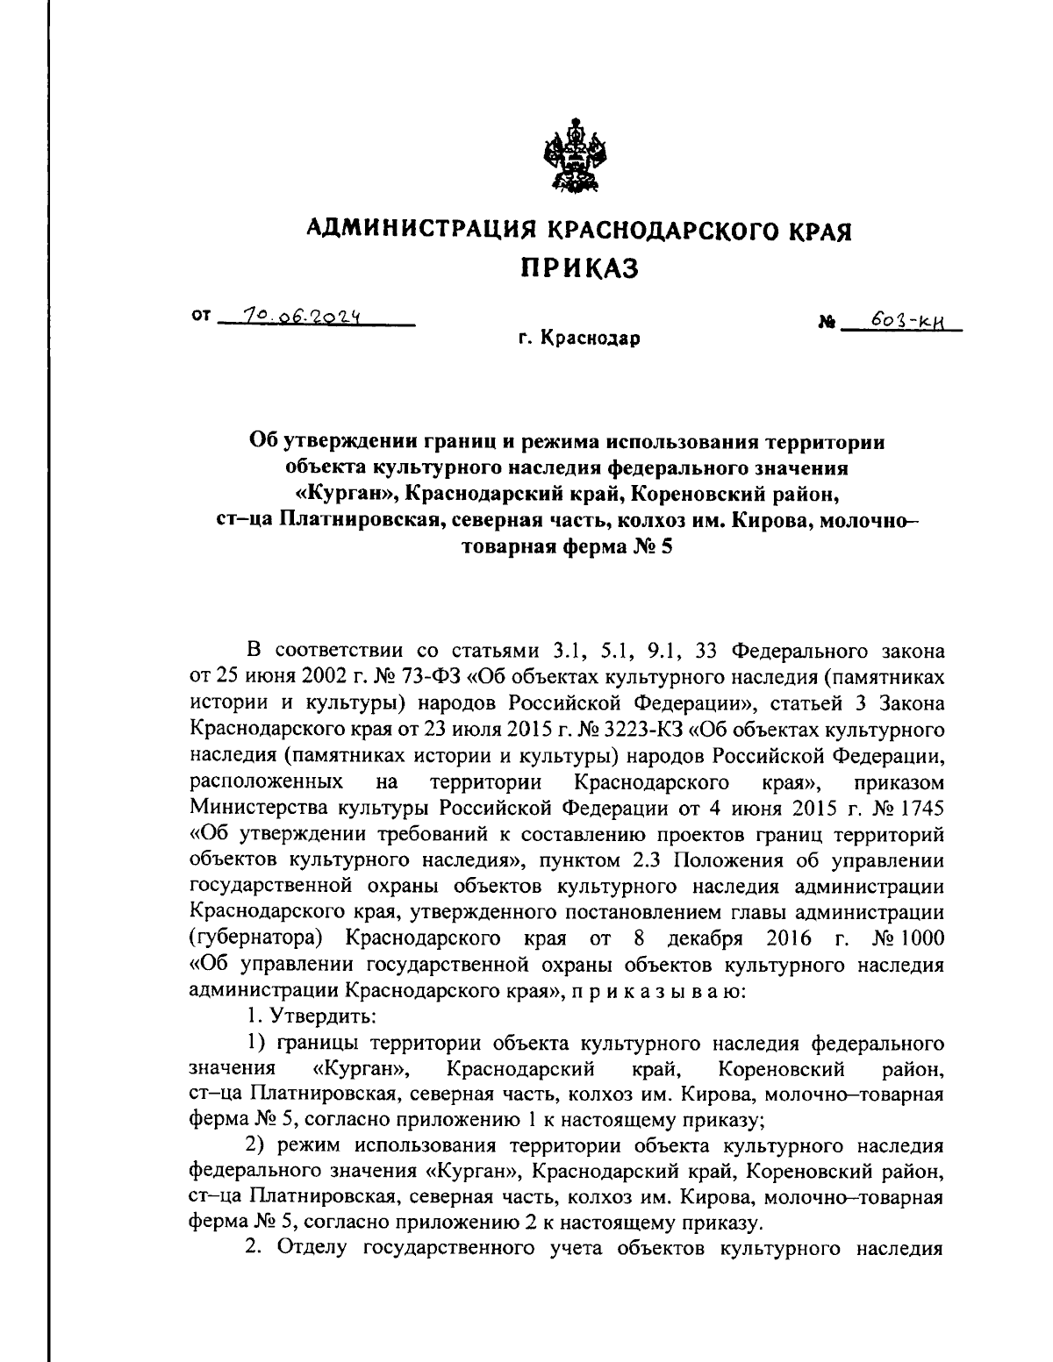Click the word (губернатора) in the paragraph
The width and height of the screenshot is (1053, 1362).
pos(256,938)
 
